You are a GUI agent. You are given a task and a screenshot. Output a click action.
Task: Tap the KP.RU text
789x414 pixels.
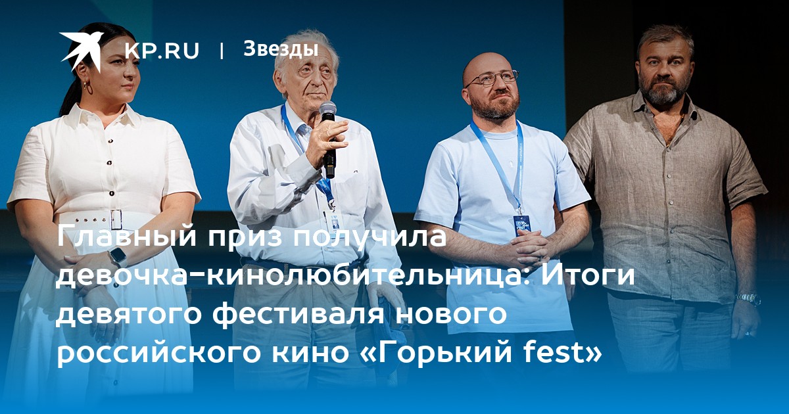[x=162, y=51]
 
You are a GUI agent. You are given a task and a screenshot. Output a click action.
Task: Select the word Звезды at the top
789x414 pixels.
[x=281, y=49]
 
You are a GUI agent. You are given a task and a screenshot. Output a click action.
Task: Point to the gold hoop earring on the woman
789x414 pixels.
[x=87, y=87]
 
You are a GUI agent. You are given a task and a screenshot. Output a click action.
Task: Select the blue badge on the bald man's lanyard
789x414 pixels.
[x=521, y=226]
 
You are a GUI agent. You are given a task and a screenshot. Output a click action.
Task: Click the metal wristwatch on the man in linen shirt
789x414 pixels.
[x=748, y=298]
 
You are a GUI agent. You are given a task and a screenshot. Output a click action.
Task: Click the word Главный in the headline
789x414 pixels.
[x=126, y=236]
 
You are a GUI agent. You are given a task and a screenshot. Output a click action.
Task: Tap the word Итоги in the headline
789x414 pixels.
[x=588, y=276]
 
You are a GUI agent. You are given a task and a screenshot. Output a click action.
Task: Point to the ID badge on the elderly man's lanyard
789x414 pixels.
[x=333, y=220]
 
